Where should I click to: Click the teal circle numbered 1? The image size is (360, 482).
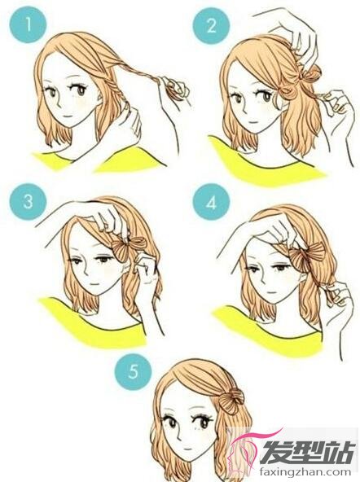pos(28,24)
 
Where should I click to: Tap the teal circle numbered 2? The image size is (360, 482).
pos(211,26)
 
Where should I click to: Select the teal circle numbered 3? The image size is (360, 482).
pos(28,202)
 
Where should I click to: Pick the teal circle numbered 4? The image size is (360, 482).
pos(211,202)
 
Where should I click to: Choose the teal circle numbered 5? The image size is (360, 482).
pos(133,371)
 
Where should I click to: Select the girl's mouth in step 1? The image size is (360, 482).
pos(69,116)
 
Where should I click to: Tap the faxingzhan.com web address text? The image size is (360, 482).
pos(305,471)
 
